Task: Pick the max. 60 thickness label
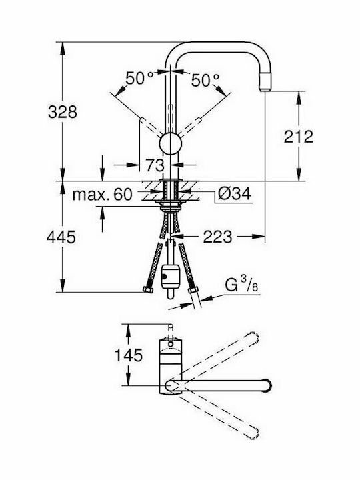click(x=103, y=195)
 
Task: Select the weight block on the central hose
click(x=170, y=275)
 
